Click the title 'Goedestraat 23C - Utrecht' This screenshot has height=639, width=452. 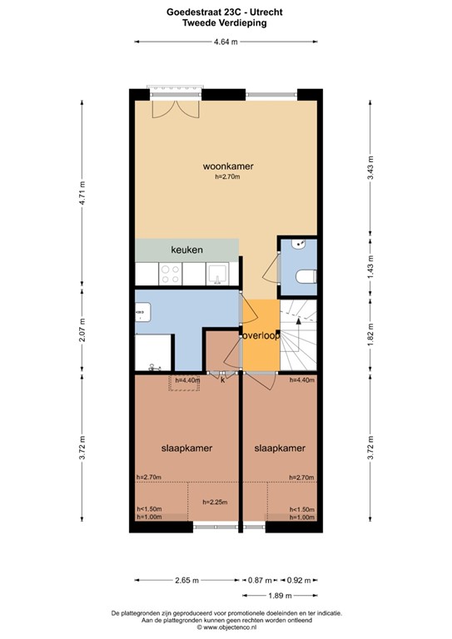226,12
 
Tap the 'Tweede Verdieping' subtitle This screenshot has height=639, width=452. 226,24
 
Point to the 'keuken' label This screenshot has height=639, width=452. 187,250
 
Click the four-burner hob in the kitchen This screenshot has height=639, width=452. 171,272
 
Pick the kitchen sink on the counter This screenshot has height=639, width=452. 218,273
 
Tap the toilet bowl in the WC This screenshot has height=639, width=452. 304,277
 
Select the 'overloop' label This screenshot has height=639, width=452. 261,335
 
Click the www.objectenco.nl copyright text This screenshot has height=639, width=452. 226,625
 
